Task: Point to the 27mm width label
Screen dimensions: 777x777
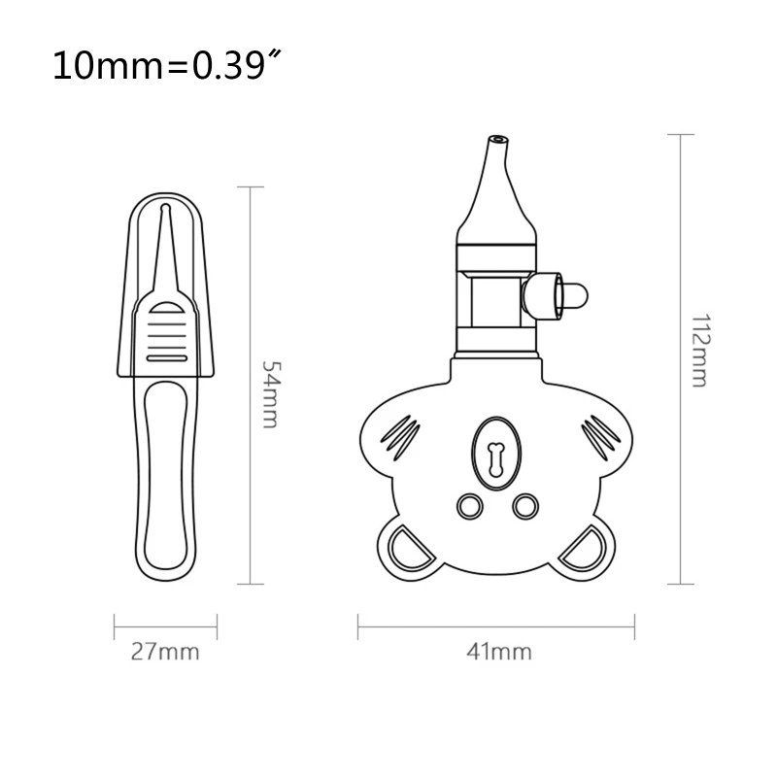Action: (165, 652)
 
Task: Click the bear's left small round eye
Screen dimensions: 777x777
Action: (469, 505)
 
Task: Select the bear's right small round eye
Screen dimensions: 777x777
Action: (524, 505)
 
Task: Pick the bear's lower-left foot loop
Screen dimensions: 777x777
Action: (405, 549)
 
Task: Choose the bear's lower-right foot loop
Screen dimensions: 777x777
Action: (586, 549)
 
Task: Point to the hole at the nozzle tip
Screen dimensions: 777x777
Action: (497, 138)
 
